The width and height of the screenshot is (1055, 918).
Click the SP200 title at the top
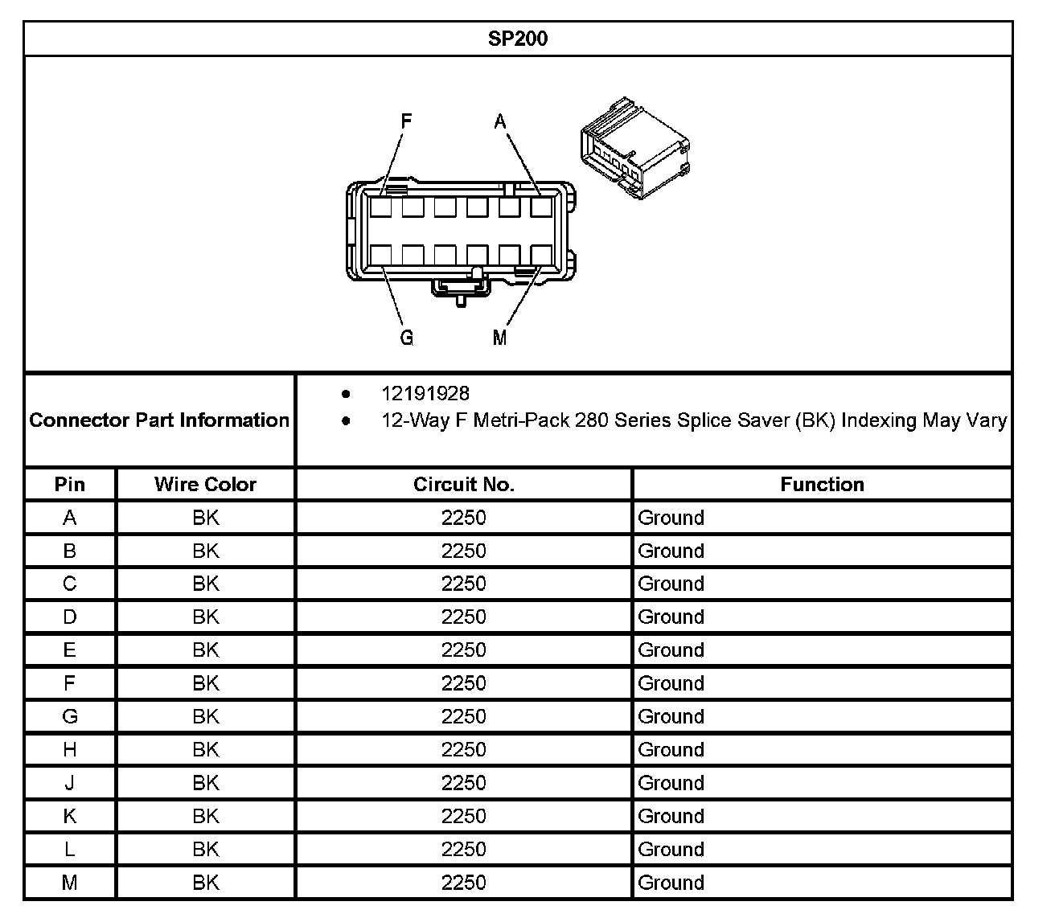(x=518, y=39)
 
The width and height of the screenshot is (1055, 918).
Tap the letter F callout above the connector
(x=406, y=121)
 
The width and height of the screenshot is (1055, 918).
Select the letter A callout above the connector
(x=500, y=122)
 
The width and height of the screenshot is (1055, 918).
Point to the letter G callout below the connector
(x=407, y=338)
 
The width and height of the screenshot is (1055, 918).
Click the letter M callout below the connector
(x=500, y=338)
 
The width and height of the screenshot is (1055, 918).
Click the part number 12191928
(x=425, y=394)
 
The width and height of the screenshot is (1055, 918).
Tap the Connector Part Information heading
(x=159, y=420)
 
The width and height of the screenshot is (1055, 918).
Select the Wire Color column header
(x=205, y=485)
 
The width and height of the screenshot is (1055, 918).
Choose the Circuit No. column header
(x=463, y=485)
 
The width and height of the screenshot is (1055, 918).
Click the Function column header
(x=822, y=485)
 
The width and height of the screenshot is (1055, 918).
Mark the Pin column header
(x=70, y=485)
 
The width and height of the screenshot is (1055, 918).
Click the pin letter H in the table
(x=70, y=750)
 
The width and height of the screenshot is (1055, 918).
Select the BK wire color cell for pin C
(x=205, y=584)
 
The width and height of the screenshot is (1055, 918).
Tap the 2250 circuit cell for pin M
(x=463, y=883)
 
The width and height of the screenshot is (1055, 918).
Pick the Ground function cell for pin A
(x=671, y=518)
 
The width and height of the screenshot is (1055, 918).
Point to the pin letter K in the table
(x=70, y=816)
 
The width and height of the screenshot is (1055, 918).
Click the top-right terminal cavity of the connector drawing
(x=541, y=207)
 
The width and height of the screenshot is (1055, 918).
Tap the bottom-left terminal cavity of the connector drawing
(x=380, y=255)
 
